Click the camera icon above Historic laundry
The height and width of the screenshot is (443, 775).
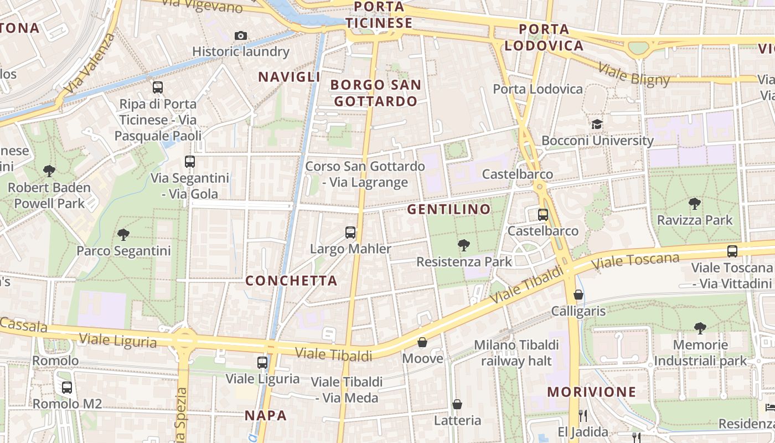[x=240, y=36]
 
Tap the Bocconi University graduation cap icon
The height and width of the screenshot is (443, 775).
[x=597, y=124]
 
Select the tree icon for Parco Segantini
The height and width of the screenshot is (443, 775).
[x=123, y=235]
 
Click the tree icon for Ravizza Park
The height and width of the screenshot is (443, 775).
[x=694, y=204]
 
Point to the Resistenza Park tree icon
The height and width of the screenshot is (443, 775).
[x=464, y=245]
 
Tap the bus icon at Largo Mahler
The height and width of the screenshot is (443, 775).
[x=350, y=233]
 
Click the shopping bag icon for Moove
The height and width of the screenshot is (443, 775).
[x=422, y=342]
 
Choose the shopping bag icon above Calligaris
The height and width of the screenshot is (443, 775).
[x=578, y=295]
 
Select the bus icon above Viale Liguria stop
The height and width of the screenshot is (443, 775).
[x=262, y=363]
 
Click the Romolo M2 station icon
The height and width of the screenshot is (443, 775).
[x=67, y=388]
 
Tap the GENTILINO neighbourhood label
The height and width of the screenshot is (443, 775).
[x=449, y=209]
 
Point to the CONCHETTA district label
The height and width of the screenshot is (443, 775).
[x=291, y=281]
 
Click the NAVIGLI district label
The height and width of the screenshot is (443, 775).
[x=290, y=77]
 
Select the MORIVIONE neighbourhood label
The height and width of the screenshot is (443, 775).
[x=592, y=392]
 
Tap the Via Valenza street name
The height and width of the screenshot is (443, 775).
[x=89, y=64]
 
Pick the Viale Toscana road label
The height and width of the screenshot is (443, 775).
[x=635, y=261]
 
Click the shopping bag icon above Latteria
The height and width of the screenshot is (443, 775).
[x=457, y=404]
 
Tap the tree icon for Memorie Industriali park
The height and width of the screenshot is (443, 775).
[x=700, y=328]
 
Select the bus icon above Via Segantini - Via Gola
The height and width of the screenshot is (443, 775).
[x=190, y=162]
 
